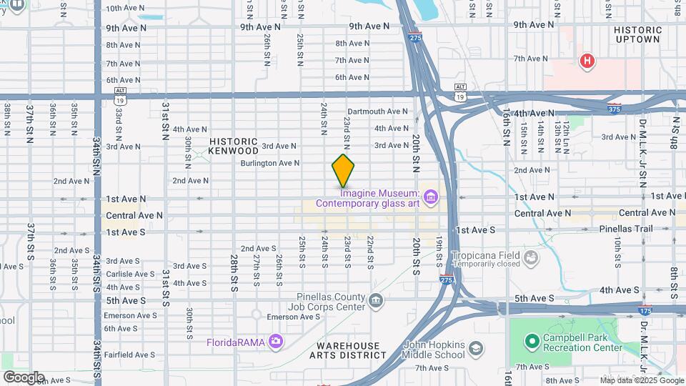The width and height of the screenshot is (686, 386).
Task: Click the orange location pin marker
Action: click(x=343, y=171)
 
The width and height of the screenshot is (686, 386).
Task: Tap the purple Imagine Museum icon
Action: click(x=430, y=196)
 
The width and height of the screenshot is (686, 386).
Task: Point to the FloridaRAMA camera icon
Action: click(x=276, y=341)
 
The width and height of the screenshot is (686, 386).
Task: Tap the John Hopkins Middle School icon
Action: click(x=475, y=349)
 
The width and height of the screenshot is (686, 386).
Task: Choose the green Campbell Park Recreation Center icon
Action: click(x=531, y=341)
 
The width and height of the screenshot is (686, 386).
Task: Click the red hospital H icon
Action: click(x=587, y=61)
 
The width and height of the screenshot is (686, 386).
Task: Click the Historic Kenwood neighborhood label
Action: click(x=234, y=146)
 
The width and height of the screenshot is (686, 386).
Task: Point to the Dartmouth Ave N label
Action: click(x=377, y=112)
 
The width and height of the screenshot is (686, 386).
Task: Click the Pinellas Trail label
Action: click(x=630, y=229)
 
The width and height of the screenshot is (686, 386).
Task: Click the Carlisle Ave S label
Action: click(x=130, y=274)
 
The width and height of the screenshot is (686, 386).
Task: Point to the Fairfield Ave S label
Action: click(x=130, y=354)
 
